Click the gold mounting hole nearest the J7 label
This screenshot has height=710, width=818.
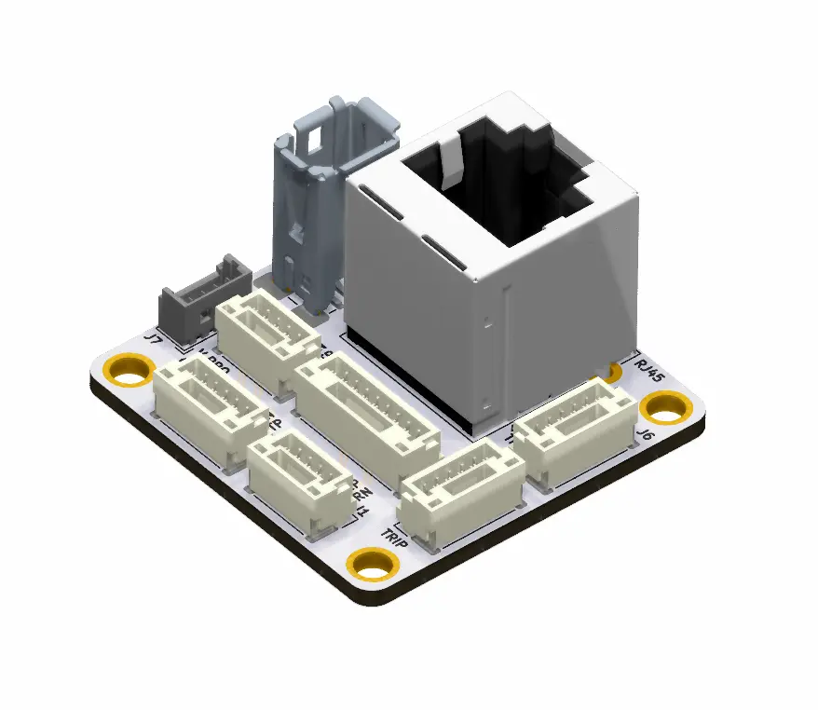(x=130, y=370)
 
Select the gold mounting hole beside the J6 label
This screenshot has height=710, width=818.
(x=666, y=406)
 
